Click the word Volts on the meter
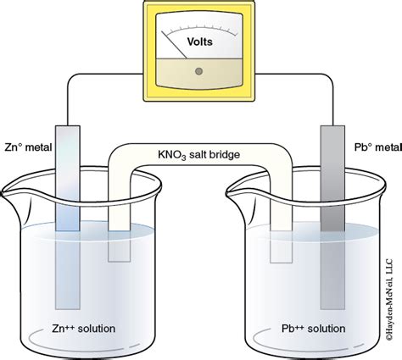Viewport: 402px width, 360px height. click(x=200, y=39)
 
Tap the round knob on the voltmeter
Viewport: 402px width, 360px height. click(x=199, y=71)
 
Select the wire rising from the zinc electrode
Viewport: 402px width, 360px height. click(x=69, y=102)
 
